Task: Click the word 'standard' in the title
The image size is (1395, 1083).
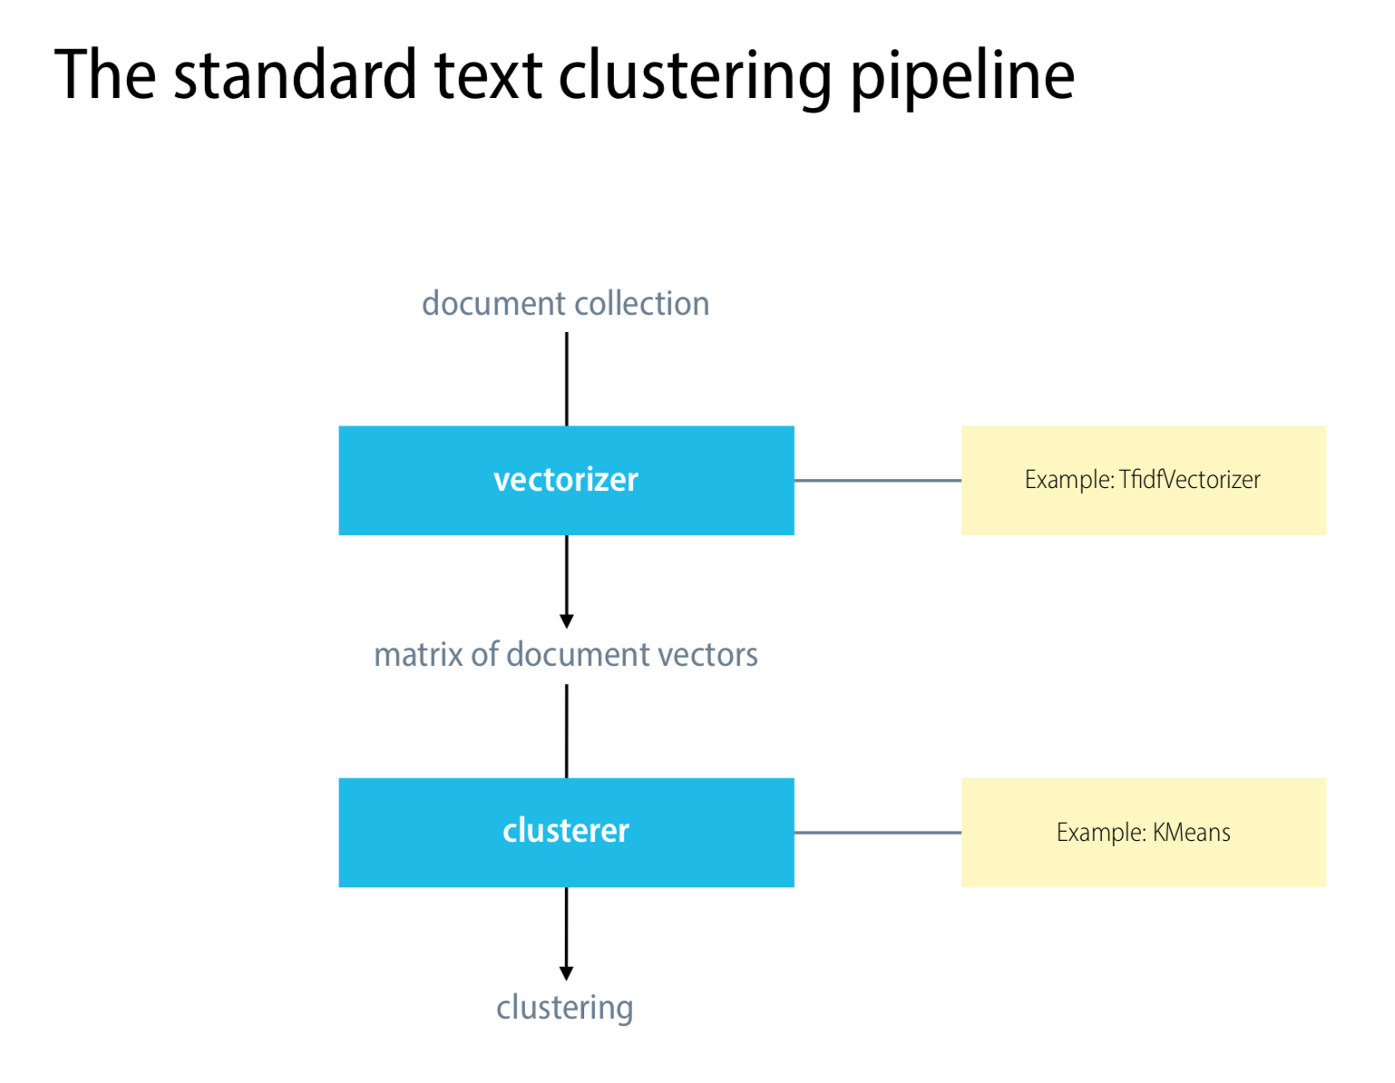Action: pos(296,74)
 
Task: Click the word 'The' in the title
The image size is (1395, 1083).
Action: pos(104,74)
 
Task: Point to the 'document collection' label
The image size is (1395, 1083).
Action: pos(566,303)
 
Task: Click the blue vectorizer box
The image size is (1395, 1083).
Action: pos(566,480)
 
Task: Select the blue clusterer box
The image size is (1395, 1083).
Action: pos(566,833)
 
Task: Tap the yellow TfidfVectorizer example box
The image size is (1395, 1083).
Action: pos(1144,480)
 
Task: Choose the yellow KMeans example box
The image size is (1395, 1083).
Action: pos(1144,833)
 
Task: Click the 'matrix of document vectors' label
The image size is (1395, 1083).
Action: pos(566,655)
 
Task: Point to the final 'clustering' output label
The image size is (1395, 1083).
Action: pos(565,1008)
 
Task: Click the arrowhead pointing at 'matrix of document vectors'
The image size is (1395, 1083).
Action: pos(566,620)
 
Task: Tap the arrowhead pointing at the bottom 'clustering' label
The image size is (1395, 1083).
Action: pos(566,973)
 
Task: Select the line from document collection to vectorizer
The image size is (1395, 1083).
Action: pos(566,379)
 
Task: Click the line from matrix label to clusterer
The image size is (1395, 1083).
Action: pos(566,731)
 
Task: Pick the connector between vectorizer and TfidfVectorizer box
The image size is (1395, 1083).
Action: pos(878,480)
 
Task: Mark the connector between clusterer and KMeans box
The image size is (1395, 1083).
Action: pos(878,833)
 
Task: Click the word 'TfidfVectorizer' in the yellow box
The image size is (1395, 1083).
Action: pos(1190,480)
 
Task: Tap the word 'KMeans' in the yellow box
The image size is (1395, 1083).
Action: pos(1192,833)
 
